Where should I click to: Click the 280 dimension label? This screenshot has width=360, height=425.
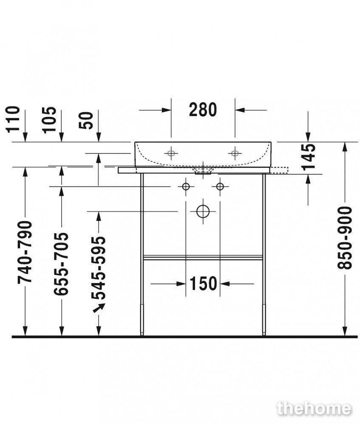point(203,110)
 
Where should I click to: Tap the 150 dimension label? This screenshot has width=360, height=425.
point(203,283)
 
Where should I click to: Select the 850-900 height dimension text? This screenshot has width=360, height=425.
point(344,238)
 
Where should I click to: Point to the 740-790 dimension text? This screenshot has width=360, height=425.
point(25,252)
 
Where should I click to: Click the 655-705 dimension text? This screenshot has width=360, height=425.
point(61,264)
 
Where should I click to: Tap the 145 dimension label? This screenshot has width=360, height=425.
point(309,157)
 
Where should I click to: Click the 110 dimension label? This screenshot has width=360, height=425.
point(13,119)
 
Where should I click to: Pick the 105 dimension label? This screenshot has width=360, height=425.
point(49,120)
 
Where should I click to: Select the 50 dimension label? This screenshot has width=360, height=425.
point(86,121)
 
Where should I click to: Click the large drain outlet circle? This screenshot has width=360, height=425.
point(203,211)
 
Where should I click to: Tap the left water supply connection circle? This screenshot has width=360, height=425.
point(186,187)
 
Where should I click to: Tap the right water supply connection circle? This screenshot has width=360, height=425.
point(220,187)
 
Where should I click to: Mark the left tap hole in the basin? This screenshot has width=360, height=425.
point(171,153)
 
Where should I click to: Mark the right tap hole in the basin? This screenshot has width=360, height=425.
point(235,153)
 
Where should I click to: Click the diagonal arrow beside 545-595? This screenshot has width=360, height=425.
point(99,308)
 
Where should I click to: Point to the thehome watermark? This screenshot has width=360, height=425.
point(314,409)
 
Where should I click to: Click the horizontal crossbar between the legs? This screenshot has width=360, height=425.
point(203,258)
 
